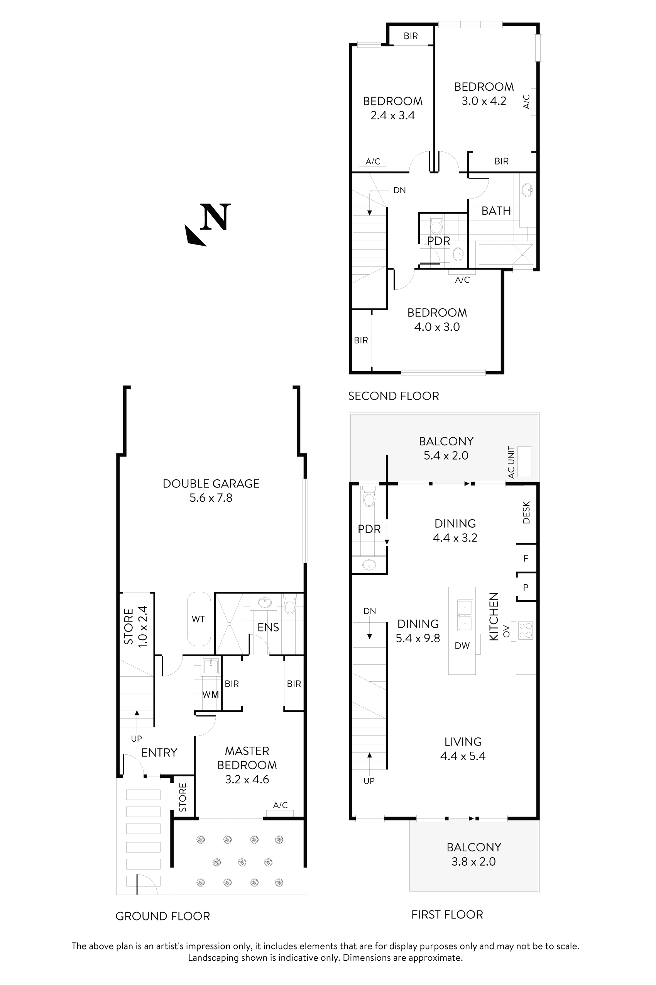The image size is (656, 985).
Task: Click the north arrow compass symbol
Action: pos(208,224)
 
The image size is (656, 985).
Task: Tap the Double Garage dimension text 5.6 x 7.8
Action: pos(211,498)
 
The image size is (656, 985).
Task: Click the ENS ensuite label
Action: pos(268,627)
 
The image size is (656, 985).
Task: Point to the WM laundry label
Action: pos(210,695)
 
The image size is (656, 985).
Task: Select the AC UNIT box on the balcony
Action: pos(524,462)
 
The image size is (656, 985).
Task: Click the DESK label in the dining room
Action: pos(526,513)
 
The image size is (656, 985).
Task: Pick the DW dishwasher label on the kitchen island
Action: pos(462,646)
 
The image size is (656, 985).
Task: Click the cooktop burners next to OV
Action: pos(526,631)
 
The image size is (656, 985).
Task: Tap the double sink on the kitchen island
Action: pos(465,615)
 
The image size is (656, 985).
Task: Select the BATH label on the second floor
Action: pos(496,211)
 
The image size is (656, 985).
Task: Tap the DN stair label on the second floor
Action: pos(399,190)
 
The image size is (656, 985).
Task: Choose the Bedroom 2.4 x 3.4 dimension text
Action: pos(392,115)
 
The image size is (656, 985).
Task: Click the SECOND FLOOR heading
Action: pos(393,396)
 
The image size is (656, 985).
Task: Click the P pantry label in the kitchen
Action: pos(526,587)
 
